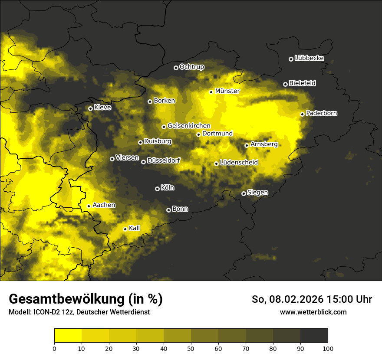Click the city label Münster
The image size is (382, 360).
pyautogui.click(x=227, y=91)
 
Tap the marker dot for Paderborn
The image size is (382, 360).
pyautogui.click(x=303, y=114)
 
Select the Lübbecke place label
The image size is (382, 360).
pyautogui.click(x=309, y=58)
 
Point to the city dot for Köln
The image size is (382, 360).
pyautogui.click(x=157, y=189)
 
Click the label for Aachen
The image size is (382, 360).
pyautogui.click(x=104, y=205)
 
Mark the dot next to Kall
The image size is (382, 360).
pyautogui.click(x=125, y=229)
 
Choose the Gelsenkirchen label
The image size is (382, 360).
pyautogui.click(x=189, y=126)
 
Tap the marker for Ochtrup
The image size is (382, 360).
pyautogui.click(x=176, y=68)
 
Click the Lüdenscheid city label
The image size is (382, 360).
pyautogui.click(x=239, y=163)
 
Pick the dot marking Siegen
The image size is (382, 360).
pyautogui.click(x=244, y=193)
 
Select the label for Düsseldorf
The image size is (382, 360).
pyautogui.click(x=163, y=160)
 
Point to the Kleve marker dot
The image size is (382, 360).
pyautogui.click(x=90, y=108)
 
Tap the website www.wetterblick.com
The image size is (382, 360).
pyautogui.click(x=313, y=312)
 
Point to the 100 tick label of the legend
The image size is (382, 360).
pyautogui.click(x=327, y=348)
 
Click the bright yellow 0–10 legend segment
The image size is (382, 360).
pyautogui.click(x=68, y=335)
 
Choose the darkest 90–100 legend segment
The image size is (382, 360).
pyautogui.click(x=314, y=335)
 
